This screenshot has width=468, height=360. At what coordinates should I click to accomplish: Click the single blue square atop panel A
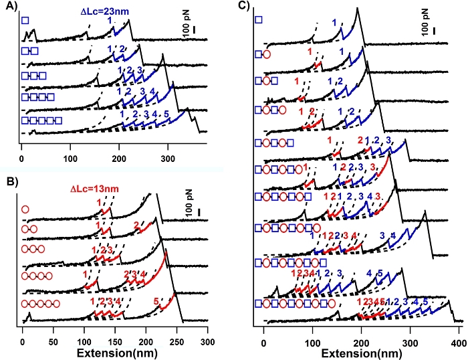[x=25, y=21]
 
